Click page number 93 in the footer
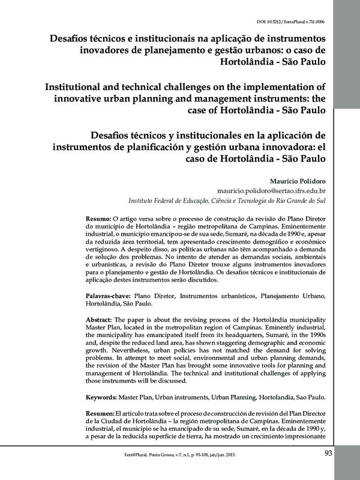coord(328,453)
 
